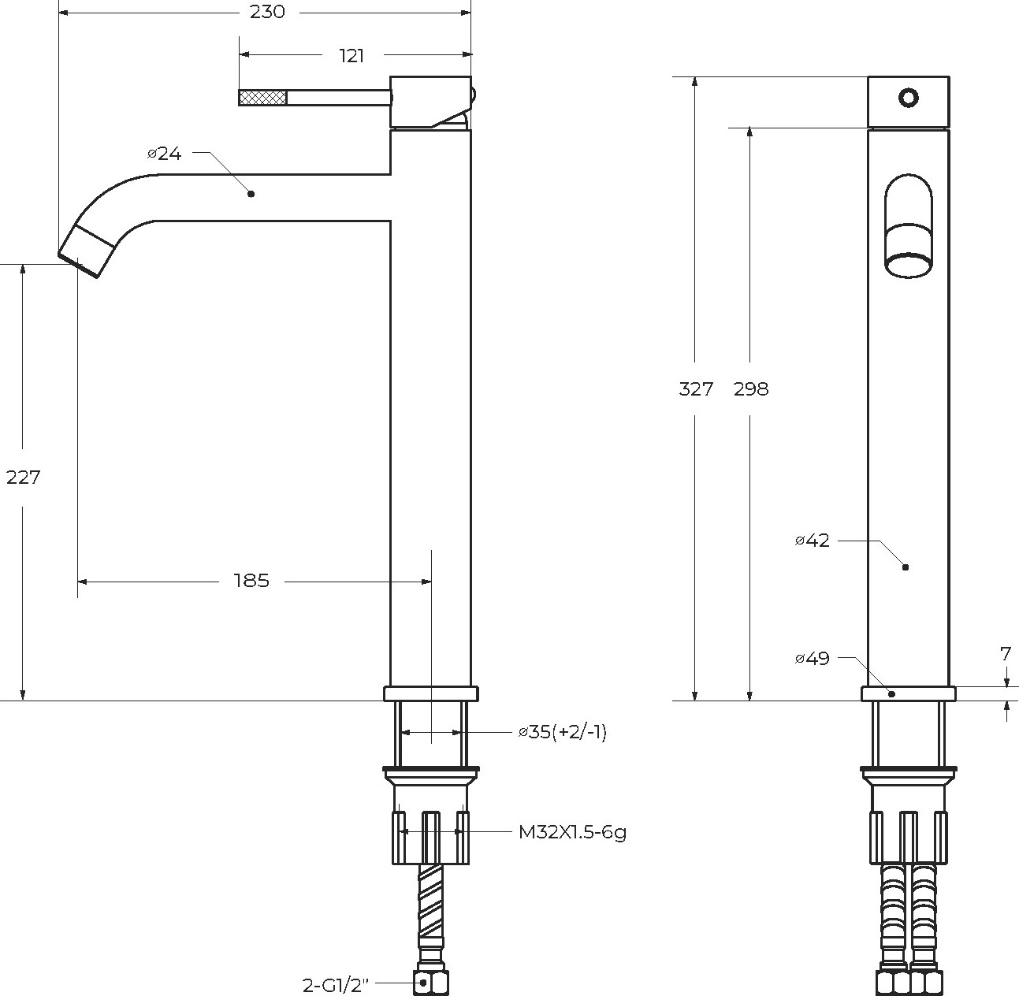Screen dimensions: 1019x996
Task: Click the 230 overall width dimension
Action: (x=267, y=12)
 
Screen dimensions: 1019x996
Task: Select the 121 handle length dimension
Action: (x=352, y=55)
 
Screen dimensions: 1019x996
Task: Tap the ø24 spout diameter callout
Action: (x=165, y=154)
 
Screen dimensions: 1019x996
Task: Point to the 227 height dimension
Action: (x=23, y=477)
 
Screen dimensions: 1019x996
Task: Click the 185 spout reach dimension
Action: (x=251, y=581)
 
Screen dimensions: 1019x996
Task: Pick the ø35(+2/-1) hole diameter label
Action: (x=563, y=731)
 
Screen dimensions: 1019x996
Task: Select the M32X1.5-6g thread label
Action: (x=572, y=831)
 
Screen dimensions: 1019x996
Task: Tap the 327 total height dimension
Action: (x=696, y=389)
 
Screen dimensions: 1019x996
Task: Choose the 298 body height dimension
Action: (x=751, y=389)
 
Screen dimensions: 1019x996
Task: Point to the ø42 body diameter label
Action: (x=813, y=541)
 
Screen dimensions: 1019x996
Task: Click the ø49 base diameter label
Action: (x=813, y=658)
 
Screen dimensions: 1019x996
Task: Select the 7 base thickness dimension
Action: (x=1006, y=653)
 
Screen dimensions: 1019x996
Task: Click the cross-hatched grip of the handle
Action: (x=262, y=98)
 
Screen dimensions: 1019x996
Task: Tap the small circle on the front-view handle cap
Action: (x=909, y=98)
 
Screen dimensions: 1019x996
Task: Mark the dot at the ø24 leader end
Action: (x=251, y=194)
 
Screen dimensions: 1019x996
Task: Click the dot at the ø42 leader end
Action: (x=906, y=567)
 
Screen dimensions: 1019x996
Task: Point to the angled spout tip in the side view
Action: (x=87, y=252)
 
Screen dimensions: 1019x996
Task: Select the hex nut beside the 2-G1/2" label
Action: (x=431, y=982)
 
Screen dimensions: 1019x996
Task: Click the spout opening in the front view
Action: (x=909, y=265)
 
